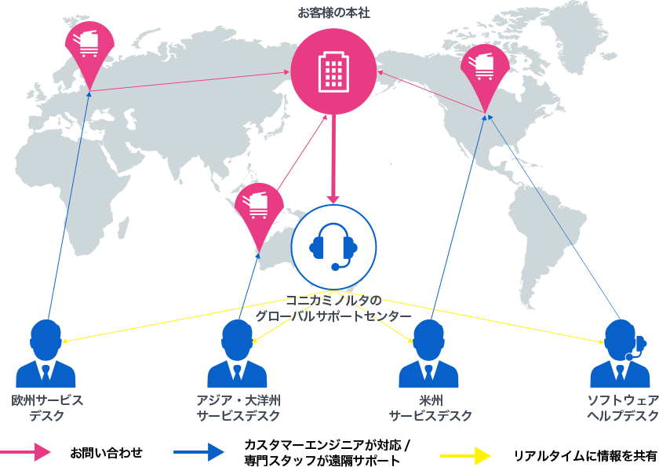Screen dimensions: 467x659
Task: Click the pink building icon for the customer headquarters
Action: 333,71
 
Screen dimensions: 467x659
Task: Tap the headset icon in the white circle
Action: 334,245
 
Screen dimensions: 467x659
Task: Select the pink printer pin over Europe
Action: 89,49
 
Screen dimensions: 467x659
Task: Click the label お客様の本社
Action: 333,13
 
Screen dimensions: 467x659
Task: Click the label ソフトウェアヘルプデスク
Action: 622,407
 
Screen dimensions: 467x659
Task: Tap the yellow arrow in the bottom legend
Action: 466,454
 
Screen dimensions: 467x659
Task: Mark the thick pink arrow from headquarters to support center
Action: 333,157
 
